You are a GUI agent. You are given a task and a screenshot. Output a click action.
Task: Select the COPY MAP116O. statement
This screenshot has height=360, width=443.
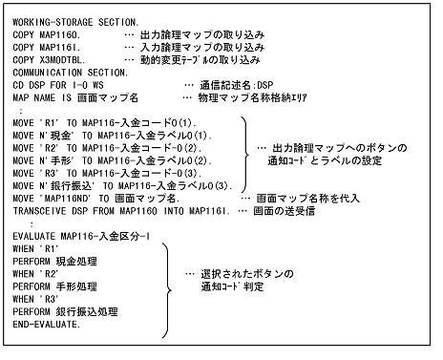click(53, 32)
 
